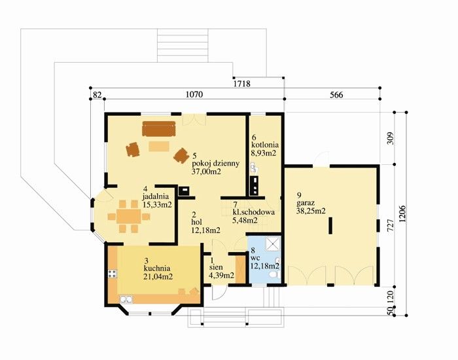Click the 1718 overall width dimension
(x=242, y=84)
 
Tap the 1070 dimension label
(x=194, y=95)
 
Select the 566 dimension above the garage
(x=336, y=95)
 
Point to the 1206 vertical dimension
(x=402, y=214)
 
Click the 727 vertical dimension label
(x=391, y=226)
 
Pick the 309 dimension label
(x=391, y=138)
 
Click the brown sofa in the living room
(x=159, y=129)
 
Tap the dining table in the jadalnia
(x=129, y=217)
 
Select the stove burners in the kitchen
(x=113, y=274)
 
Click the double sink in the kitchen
(x=126, y=299)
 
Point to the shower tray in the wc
(x=273, y=244)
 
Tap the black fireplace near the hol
(x=185, y=190)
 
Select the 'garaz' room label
(x=306, y=203)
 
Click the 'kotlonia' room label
(x=265, y=145)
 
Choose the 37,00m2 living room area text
(x=206, y=171)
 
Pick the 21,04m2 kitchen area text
(x=158, y=276)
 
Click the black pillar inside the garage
(x=330, y=225)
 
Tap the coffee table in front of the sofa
(x=159, y=146)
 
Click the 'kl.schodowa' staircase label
(x=254, y=212)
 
